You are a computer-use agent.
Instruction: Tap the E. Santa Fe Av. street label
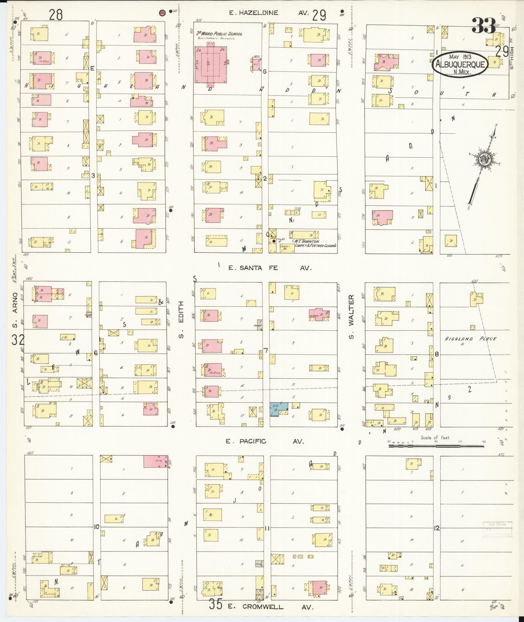tap(270, 268)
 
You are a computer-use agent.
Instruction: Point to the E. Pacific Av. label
tap(265, 442)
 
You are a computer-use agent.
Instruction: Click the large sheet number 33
tap(484, 26)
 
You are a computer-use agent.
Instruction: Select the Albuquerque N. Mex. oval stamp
tap(460, 64)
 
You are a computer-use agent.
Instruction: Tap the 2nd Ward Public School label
tap(219, 34)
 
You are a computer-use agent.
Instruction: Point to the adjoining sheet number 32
tap(18, 340)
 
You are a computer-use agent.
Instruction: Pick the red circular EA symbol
tap(161, 13)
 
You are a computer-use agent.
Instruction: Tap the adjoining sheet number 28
tap(56, 15)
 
